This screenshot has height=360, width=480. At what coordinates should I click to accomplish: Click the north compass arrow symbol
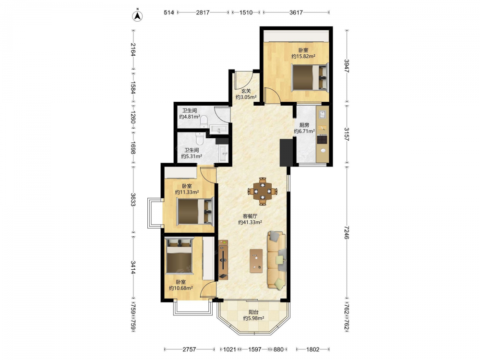click(138, 16)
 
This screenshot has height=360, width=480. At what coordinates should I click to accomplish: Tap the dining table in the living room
click(263, 192)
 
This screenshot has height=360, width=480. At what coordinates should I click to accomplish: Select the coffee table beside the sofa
click(256, 261)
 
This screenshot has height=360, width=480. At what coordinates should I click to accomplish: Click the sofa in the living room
click(277, 260)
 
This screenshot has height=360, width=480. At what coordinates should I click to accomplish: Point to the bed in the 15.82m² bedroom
click(310, 77)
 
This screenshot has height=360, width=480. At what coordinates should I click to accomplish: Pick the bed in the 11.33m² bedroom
click(195, 211)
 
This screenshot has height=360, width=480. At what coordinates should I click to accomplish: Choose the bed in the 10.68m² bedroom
click(179, 256)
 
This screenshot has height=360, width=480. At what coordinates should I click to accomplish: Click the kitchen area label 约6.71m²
click(304, 132)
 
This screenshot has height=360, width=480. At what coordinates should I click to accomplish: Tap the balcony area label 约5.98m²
click(254, 318)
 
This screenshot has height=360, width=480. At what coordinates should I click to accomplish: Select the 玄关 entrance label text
click(246, 91)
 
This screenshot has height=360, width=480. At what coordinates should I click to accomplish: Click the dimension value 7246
click(346, 232)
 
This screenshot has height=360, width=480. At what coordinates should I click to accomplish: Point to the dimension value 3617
click(296, 12)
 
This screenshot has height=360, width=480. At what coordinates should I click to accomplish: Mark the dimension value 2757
click(189, 349)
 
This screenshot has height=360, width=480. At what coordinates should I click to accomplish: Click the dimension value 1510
click(246, 12)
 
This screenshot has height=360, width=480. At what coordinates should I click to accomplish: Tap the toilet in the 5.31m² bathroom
click(200, 139)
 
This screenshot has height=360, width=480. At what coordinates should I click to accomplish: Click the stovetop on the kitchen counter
click(322, 139)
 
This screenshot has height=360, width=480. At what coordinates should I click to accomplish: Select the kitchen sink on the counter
click(323, 114)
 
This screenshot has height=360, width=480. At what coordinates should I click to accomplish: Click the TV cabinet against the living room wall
click(223, 260)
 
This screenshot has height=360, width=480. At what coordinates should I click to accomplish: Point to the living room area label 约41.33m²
click(250, 223)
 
